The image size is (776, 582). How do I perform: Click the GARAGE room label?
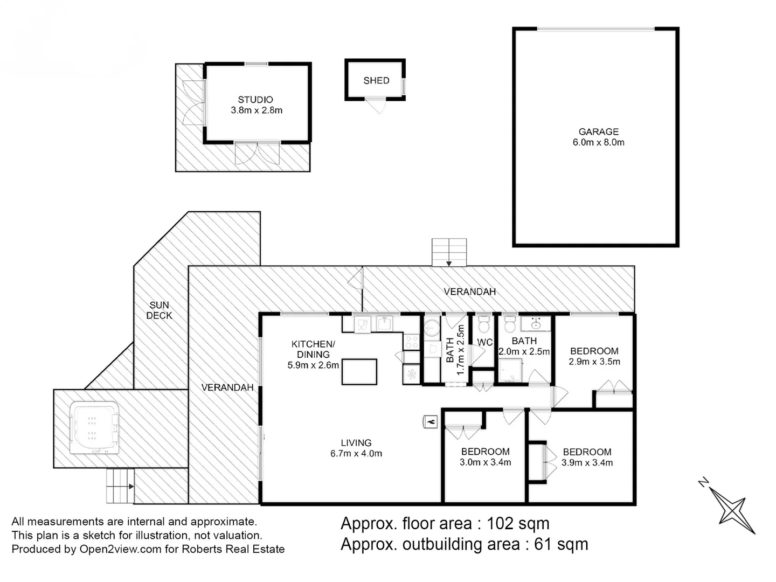[x=598, y=131]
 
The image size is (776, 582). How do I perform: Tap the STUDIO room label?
[x=255, y=100]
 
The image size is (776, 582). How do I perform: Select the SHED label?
[x=376, y=80]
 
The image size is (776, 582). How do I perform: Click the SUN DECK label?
[x=159, y=310]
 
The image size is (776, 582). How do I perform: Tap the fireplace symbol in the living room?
[x=430, y=421]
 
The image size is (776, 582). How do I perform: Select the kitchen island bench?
[x=359, y=372]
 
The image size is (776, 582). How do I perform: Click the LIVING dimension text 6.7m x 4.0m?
[x=356, y=454]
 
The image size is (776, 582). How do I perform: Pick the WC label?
[x=484, y=342]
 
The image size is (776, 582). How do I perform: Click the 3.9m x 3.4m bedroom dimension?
[x=587, y=463]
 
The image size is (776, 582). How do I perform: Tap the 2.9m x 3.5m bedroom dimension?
[x=594, y=362]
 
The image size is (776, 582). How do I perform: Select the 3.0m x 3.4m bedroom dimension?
[x=485, y=462]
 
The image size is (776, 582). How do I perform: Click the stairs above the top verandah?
[x=449, y=252]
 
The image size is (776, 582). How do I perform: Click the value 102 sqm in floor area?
[x=518, y=523]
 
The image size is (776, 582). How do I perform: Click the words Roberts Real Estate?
[x=233, y=549]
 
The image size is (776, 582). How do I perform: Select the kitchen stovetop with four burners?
[x=412, y=341]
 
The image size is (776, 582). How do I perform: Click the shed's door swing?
[x=376, y=105]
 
